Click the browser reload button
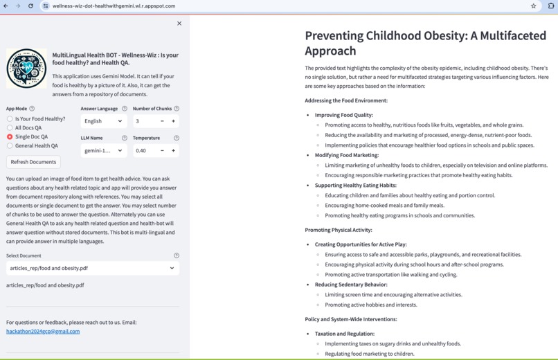30,6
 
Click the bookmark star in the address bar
533,6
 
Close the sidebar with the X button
179,24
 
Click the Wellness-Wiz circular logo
26,68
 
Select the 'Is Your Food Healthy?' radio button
10,119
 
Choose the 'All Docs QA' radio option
10,128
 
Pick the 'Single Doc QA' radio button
10,137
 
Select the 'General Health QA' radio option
10,146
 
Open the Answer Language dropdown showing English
103,121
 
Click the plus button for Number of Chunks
173,121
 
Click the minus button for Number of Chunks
162,121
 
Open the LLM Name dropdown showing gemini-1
103,150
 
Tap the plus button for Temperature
173,150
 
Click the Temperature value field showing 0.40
143,150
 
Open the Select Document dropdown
92,268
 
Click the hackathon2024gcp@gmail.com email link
43,332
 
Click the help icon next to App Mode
32,109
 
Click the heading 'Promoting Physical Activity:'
339,230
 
